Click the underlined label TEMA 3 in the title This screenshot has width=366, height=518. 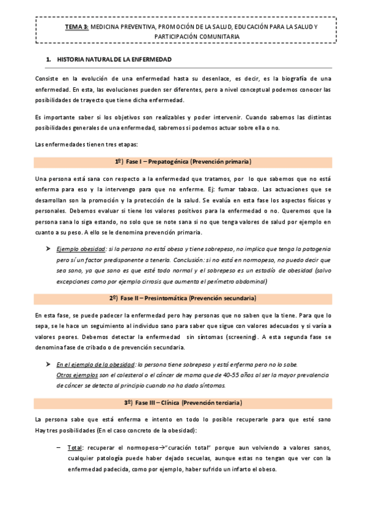point(77,28)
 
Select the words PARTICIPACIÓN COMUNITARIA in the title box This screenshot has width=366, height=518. point(183,37)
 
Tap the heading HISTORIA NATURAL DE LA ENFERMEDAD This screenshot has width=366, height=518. point(114,60)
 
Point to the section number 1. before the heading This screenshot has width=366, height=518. point(49,60)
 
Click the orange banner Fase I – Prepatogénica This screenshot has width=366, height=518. point(183,162)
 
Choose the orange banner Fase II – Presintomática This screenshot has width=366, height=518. point(183,298)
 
